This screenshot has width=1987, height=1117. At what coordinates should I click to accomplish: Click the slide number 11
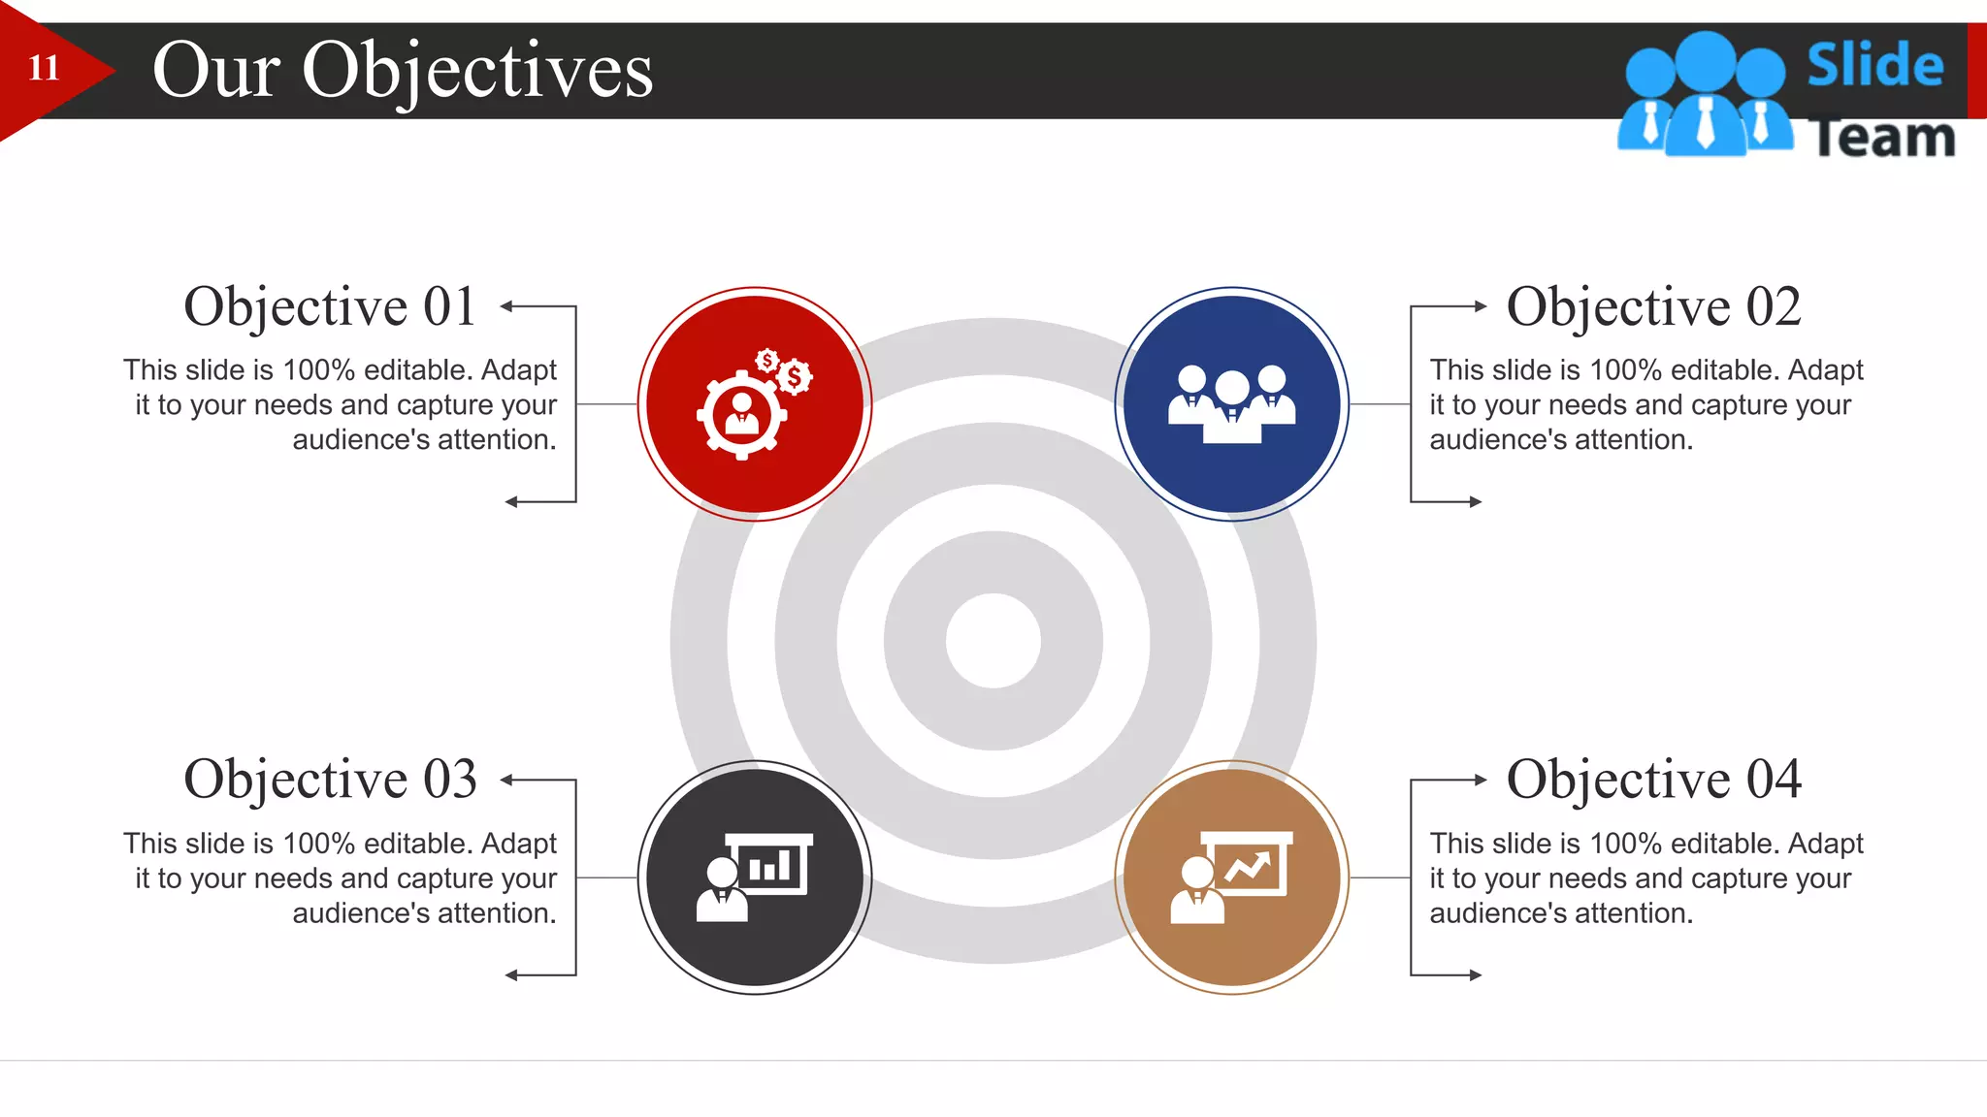coord(44,68)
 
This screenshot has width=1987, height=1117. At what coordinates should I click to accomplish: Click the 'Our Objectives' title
coord(403,70)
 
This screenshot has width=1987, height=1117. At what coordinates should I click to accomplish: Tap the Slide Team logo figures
coord(1705,97)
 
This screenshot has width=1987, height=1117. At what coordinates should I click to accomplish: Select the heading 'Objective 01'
coord(330,306)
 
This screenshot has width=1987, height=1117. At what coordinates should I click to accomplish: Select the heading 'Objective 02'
coord(1653,306)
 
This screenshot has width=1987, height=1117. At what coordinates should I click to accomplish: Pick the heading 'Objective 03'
coord(330,780)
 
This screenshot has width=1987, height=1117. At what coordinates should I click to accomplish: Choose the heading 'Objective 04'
coord(1653,780)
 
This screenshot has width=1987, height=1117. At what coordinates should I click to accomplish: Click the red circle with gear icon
coord(754,404)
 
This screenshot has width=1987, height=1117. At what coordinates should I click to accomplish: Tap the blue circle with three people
coord(1231,404)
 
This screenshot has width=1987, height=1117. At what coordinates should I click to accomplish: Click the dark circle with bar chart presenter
coord(754,878)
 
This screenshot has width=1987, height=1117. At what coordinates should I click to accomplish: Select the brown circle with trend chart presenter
coord(1231,878)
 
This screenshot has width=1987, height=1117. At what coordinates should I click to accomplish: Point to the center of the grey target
coord(993,641)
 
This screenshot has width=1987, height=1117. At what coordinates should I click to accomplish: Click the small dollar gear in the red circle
coord(795,376)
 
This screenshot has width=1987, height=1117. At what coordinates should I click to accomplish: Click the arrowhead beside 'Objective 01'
coord(507,306)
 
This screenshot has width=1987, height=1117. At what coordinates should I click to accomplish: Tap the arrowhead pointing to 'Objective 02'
coord(1480,306)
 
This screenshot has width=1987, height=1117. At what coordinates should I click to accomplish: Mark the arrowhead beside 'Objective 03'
coord(507,780)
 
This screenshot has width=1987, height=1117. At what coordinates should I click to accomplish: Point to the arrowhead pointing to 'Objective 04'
coord(1480,780)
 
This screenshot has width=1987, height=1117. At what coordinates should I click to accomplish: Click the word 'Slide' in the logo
coord(1874,66)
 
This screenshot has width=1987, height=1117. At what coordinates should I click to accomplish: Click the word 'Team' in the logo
coord(1882,138)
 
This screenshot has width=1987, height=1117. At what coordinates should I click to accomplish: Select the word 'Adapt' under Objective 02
coord(1825,370)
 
